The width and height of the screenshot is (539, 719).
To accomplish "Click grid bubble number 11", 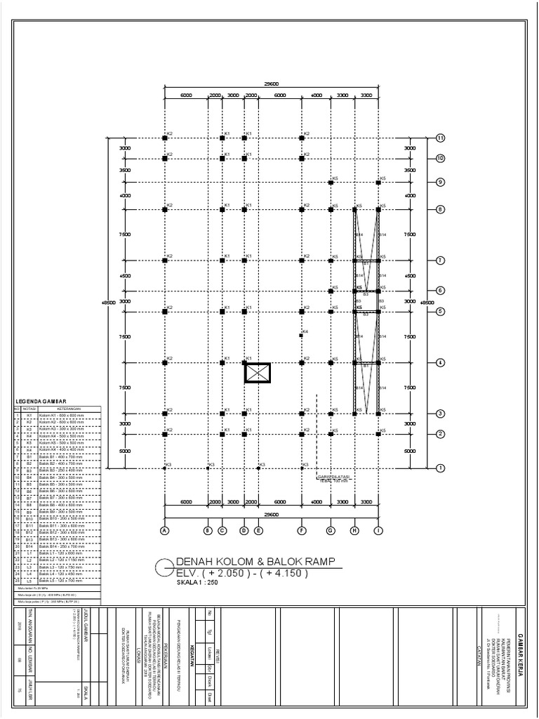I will click(441, 138).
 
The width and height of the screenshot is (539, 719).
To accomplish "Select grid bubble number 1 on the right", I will click(441, 468).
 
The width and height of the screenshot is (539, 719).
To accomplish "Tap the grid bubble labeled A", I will click(164, 530).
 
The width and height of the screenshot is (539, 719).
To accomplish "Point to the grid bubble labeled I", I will click(378, 530).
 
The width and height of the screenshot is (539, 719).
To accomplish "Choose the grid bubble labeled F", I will click(302, 530).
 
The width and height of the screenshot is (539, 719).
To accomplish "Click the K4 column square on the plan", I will click(301, 336).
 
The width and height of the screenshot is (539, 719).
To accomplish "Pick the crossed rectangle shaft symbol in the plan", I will click(258, 373).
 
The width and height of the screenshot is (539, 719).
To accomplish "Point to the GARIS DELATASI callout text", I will click(333, 478).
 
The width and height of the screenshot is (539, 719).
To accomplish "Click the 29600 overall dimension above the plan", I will click(271, 84).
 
